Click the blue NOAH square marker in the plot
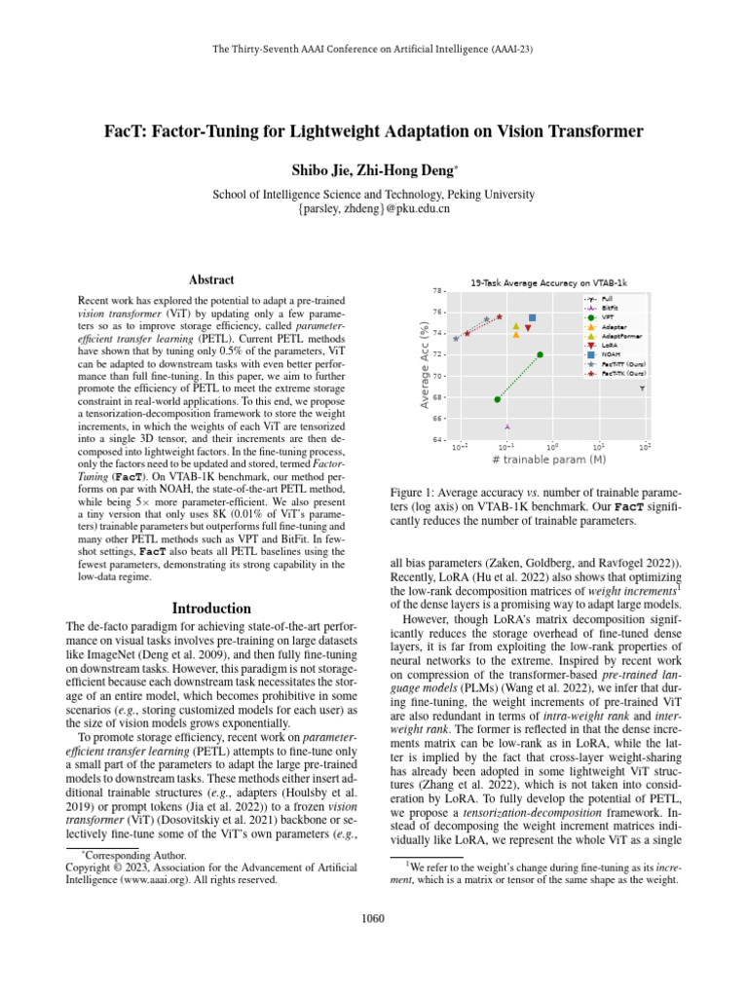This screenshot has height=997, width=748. [x=532, y=318]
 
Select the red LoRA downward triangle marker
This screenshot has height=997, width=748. [x=527, y=328]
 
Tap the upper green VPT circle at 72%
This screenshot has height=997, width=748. [x=541, y=354]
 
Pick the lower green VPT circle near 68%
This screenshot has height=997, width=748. [x=497, y=399]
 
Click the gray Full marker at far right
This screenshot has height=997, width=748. [x=642, y=388]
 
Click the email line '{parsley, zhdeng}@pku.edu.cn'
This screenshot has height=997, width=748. [x=374, y=208]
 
